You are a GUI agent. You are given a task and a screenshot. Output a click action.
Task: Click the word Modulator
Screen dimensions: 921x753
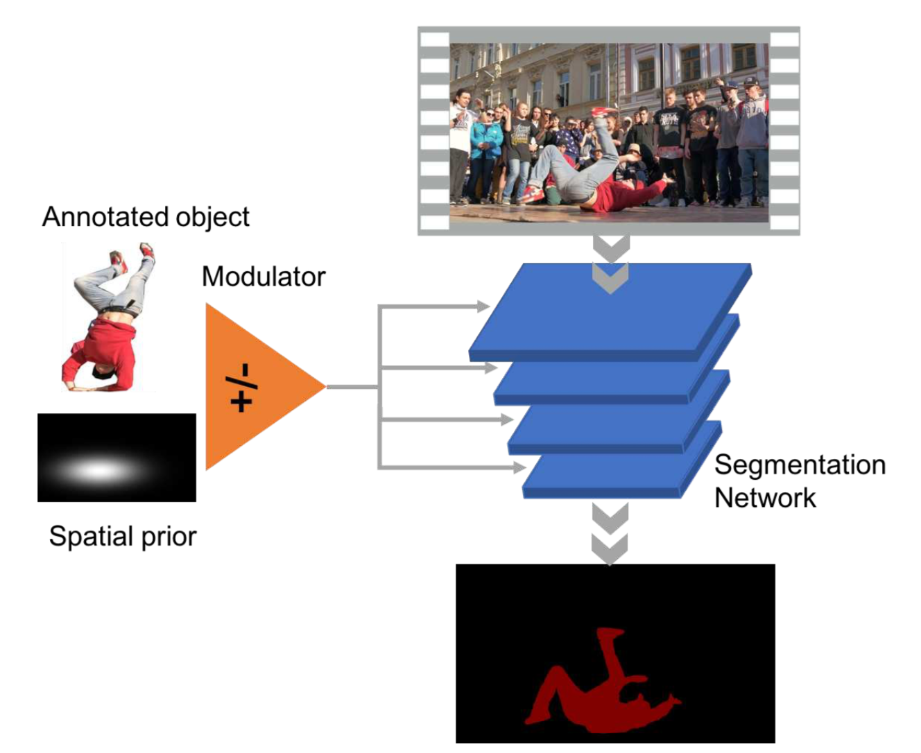pyautogui.click(x=264, y=277)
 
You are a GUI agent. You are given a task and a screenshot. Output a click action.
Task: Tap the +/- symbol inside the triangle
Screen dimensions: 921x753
pyautogui.click(x=241, y=388)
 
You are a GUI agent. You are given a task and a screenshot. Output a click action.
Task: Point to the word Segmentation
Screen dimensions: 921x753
pyautogui.click(x=800, y=465)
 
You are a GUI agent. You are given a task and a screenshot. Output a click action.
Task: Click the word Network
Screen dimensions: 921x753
pyautogui.click(x=765, y=498)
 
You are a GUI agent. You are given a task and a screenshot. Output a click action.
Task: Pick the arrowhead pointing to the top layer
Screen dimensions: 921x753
pyautogui.click(x=483, y=306)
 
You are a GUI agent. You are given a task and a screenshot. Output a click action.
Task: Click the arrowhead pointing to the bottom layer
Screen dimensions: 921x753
pyautogui.click(x=519, y=467)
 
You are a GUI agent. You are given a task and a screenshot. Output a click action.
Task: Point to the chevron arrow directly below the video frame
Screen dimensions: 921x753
pyautogui.click(x=612, y=249)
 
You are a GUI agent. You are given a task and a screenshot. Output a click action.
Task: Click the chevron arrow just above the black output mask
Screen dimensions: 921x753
pyautogui.click(x=610, y=549)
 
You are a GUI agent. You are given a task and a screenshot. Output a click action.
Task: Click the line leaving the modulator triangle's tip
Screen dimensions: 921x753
pyautogui.click(x=352, y=387)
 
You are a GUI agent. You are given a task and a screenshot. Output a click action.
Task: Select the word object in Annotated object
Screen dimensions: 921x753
pyautogui.click(x=212, y=218)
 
